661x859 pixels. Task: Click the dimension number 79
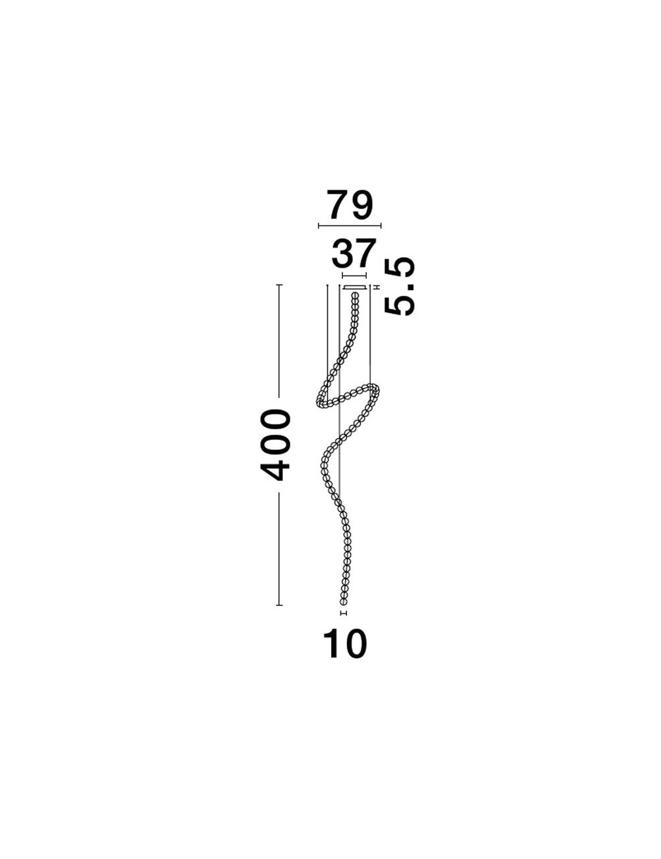[x=349, y=204]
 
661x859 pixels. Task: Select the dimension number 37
[x=352, y=253]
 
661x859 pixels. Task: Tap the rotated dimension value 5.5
[x=399, y=286]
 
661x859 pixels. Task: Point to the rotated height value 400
[x=275, y=445]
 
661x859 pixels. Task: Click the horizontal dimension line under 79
[x=350, y=226]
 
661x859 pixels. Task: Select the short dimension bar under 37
[x=354, y=275]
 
